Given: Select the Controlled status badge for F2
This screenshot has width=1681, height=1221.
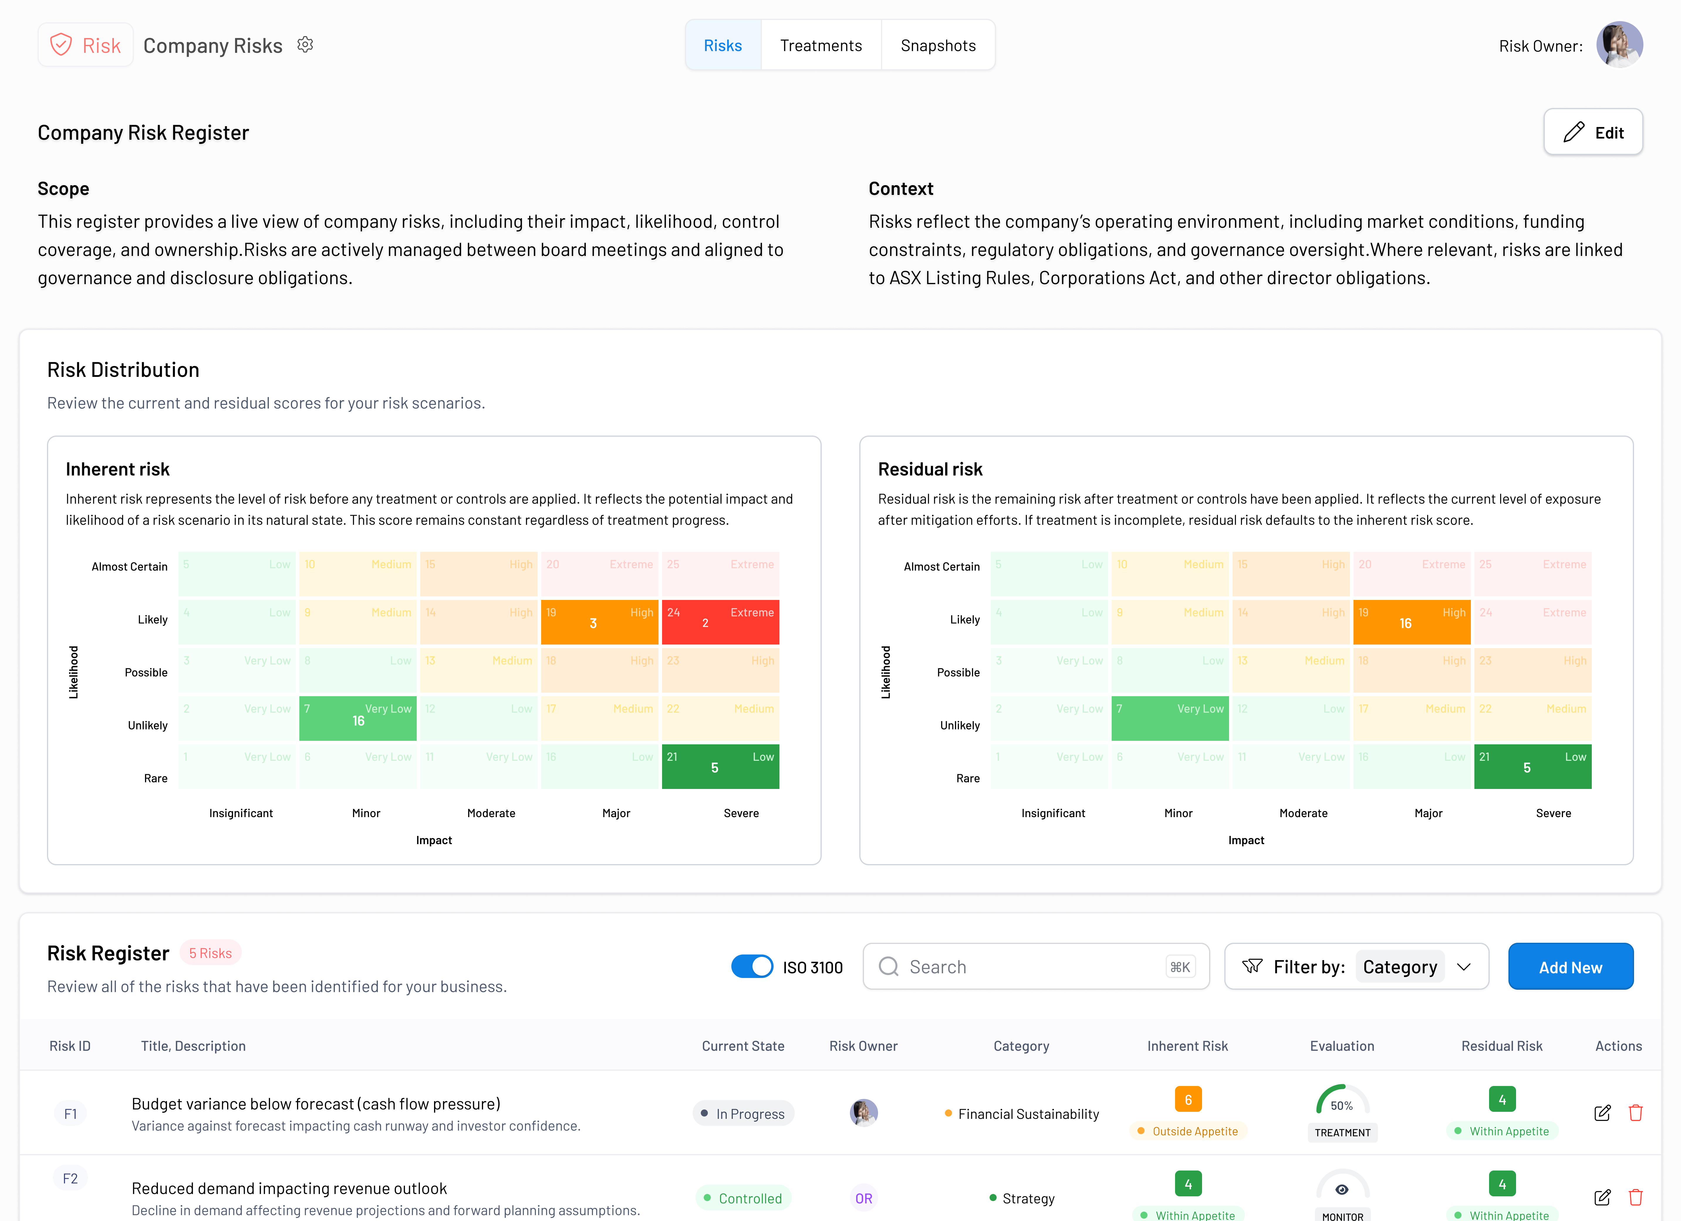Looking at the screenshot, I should pos(743,1198).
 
